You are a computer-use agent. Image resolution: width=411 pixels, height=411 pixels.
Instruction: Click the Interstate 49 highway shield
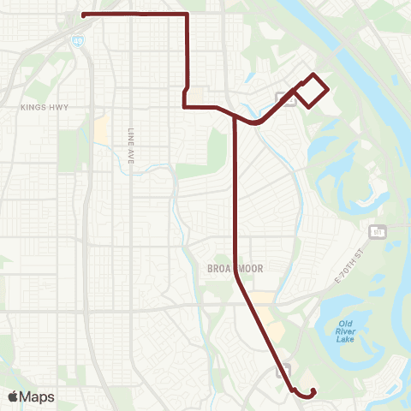(x=79, y=40)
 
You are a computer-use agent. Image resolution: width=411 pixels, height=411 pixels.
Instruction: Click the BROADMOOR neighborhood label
(x=234, y=268)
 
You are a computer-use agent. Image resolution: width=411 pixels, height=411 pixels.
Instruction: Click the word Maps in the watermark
(x=38, y=396)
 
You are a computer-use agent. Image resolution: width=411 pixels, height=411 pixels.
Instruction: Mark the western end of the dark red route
(x=82, y=15)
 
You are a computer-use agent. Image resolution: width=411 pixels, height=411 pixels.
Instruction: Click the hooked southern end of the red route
(x=313, y=390)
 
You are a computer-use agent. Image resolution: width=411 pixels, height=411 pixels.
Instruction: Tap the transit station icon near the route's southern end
(x=283, y=370)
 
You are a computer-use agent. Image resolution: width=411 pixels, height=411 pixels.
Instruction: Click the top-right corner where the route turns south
(x=188, y=15)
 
